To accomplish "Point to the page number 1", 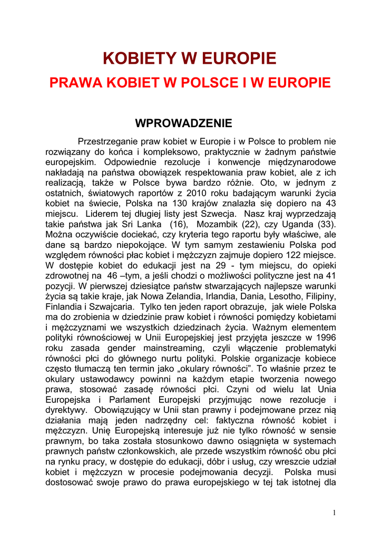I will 335,513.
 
